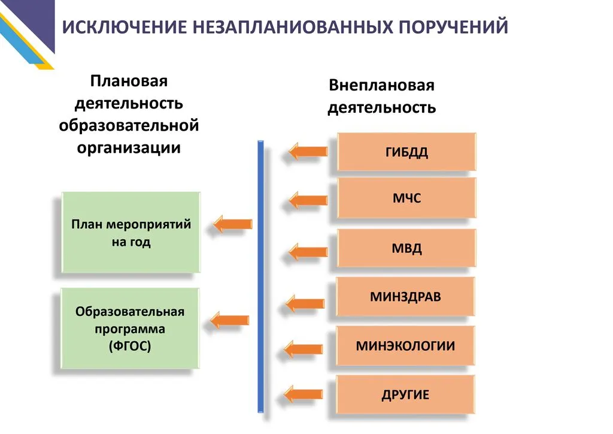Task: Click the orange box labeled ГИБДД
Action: click(406, 152)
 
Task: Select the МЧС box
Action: click(406, 198)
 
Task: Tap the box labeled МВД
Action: click(406, 248)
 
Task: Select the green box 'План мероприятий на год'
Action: click(131, 233)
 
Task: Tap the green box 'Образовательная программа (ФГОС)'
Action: click(130, 328)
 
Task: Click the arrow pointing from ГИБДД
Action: click(308, 152)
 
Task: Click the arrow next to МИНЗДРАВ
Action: click(307, 303)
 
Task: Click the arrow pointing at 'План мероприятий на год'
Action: click(233, 224)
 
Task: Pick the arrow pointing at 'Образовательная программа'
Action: click(230, 320)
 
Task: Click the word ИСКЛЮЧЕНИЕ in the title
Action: click(123, 28)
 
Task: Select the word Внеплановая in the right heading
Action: click(381, 86)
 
